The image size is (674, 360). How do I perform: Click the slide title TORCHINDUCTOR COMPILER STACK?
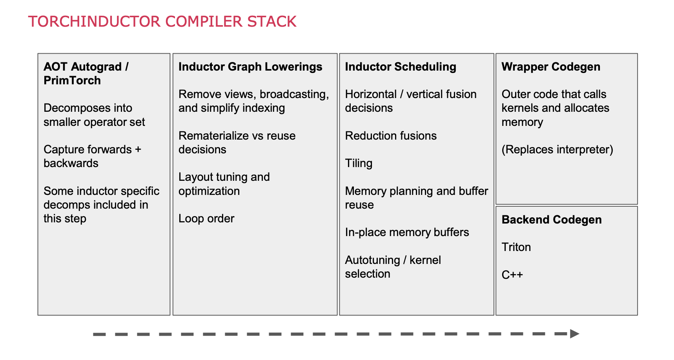coord(162,22)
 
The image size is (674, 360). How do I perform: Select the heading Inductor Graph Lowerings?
coord(250,67)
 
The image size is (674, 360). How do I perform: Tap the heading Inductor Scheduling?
coord(401,67)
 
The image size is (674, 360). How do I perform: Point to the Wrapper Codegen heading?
coord(551,67)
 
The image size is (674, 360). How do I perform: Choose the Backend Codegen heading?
coord(552,220)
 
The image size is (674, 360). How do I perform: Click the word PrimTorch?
coord(72,80)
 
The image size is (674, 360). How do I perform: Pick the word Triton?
coord(516,247)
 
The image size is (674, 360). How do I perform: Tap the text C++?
coord(512,275)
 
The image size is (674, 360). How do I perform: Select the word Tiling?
coord(359,163)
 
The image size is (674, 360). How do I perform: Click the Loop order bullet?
coord(206,218)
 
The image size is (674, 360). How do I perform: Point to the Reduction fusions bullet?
coord(391,136)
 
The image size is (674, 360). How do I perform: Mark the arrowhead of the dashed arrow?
coord(574,334)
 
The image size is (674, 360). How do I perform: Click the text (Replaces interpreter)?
coord(557,149)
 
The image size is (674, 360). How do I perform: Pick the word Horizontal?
coord(371,94)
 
